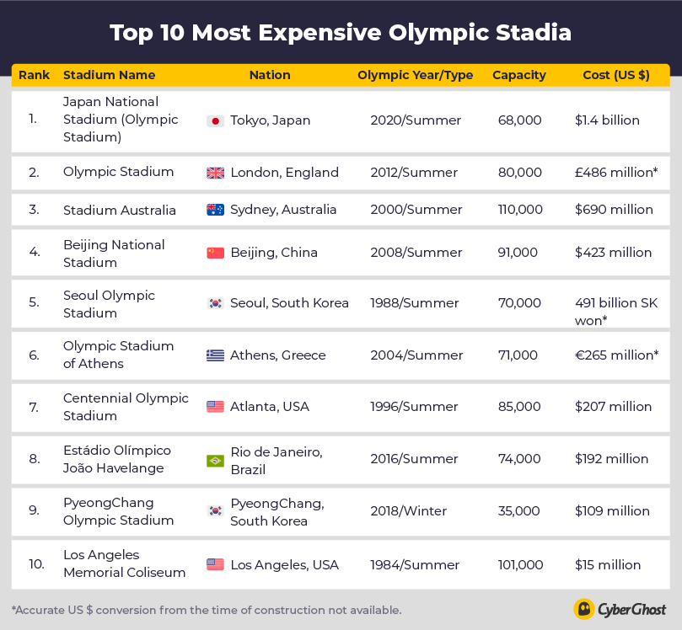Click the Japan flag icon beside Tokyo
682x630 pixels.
(x=215, y=120)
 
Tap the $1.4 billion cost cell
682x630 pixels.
(x=607, y=120)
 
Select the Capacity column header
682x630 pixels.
(x=518, y=75)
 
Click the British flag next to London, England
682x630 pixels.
(x=215, y=173)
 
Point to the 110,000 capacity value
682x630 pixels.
(x=519, y=210)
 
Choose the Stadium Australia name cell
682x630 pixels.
(x=120, y=210)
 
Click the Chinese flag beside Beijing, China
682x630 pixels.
(x=215, y=253)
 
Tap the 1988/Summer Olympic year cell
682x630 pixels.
(x=415, y=303)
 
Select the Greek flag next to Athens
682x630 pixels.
(x=215, y=355)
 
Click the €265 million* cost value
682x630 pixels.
(x=616, y=355)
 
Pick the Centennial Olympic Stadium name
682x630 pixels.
(x=126, y=407)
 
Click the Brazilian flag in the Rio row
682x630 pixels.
(x=215, y=461)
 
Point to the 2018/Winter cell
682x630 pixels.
(x=409, y=511)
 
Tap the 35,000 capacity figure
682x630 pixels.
(x=518, y=511)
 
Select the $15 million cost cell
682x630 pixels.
(x=608, y=565)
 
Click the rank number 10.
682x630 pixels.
(x=36, y=565)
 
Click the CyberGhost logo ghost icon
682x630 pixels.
(x=583, y=609)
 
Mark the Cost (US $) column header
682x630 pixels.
(x=616, y=75)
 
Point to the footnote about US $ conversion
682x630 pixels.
(x=207, y=610)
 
